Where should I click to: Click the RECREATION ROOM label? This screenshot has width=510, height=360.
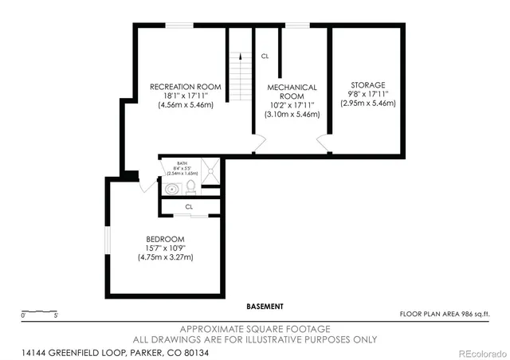click(185, 87)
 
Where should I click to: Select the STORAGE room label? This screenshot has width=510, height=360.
click(367, 84)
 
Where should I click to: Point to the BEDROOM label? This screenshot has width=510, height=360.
click(165, 239)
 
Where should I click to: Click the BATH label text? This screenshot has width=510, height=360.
click(182, 162)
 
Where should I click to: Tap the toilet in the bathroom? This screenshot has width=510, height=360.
click(191, 188)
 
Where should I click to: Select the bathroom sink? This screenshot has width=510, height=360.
click(172, 189)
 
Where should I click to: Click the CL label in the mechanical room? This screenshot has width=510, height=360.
click(265, 56)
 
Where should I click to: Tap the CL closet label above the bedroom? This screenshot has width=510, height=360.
click(189, 206)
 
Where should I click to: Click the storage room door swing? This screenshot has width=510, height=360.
click(322, 143)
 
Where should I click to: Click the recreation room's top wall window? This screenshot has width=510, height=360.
click(179, 25)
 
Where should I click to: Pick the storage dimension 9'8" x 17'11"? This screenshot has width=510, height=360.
click(367, 94)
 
